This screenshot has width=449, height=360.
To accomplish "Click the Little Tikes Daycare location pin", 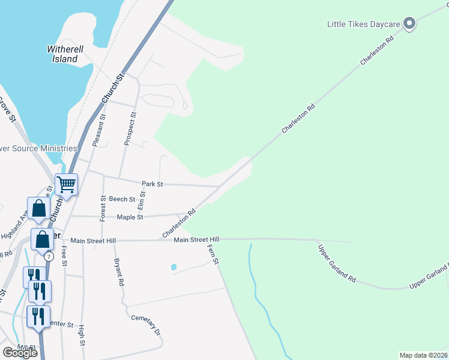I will pos(410,24).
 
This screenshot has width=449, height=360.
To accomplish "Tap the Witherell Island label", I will pos(63,54).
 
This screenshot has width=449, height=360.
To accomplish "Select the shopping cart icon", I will pos(67,184).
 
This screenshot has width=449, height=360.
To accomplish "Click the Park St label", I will pos(152,184).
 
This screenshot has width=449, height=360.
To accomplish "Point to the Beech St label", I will pos(122,199).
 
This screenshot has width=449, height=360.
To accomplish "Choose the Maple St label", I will pos(130,217).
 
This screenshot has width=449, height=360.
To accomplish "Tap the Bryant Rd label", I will pos(119,272).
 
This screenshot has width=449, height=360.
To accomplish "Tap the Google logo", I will pos(20,353).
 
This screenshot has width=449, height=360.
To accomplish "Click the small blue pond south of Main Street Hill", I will pos(174,266).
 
